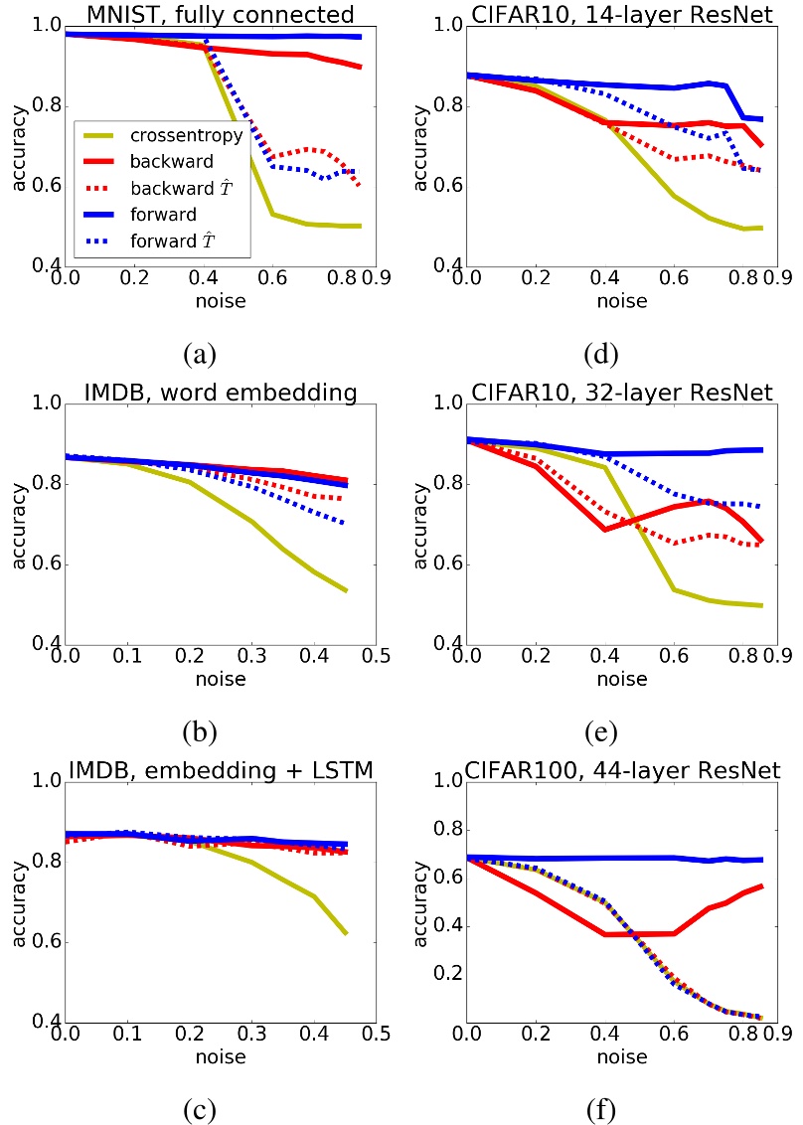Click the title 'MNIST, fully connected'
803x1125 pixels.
pyautogui.click(x=220, y=14)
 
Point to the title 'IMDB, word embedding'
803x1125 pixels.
pyautogui.click(x=220, y=392)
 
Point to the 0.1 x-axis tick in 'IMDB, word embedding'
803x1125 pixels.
pyautogui.click(x=127, y=660)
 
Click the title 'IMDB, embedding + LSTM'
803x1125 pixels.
pyautogui.click(x=220, y=769)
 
